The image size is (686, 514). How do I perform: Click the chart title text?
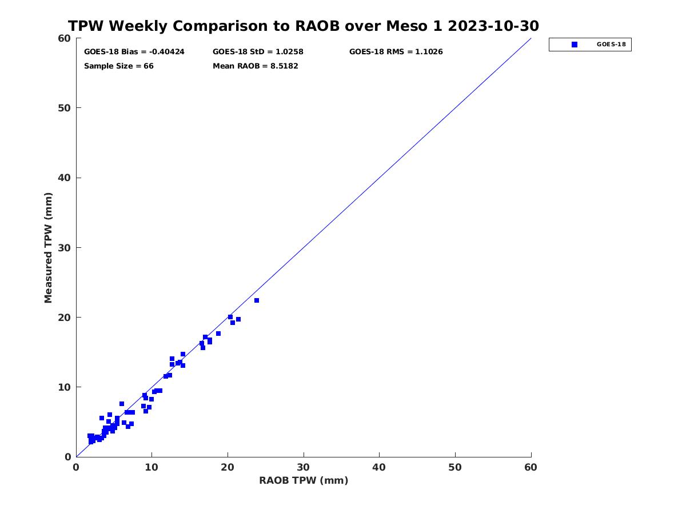point(303,26)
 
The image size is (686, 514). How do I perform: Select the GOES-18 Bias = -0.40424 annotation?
point(134,52)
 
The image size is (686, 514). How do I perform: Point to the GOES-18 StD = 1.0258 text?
point(258,52)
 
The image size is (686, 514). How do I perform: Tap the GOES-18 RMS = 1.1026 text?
point(396,52)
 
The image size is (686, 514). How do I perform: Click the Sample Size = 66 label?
point(119,66)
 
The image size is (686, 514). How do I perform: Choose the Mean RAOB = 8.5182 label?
point(256,66)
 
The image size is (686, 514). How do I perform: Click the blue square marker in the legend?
point(574,45)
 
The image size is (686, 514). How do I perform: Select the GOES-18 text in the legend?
point(611,45)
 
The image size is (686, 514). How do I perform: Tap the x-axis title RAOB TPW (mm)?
point(304,480)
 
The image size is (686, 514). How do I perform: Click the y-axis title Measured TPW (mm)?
point(48,248)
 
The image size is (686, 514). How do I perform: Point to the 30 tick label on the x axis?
point(303,467)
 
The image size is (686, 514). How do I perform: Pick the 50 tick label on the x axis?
point(454,467)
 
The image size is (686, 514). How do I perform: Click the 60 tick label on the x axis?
point(531,467)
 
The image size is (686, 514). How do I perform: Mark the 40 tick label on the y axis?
point(65,178)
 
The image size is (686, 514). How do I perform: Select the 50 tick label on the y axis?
point(65,108)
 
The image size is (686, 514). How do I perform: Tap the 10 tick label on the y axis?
point(65,387)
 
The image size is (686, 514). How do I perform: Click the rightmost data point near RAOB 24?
point(257,300)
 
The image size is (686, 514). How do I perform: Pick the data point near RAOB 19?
point(218,334)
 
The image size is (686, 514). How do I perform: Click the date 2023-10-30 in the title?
point(493,26)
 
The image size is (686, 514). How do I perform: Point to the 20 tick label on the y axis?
point(65,318)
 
